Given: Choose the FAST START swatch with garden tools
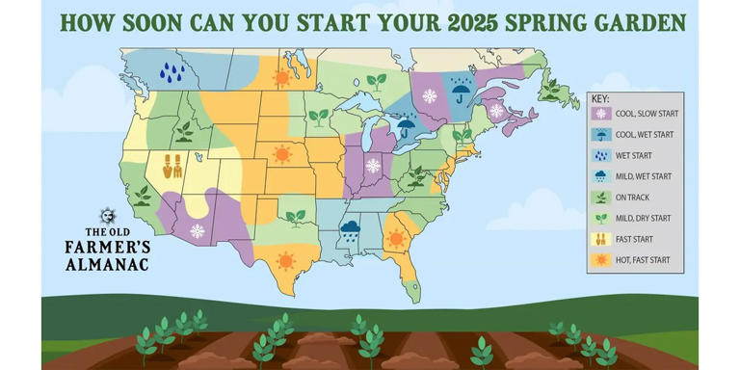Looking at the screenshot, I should tap(600, 239).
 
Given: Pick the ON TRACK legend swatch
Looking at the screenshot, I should tap(600, 198).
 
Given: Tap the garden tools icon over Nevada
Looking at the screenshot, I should tap(173, 168).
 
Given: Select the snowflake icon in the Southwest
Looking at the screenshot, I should tap(197, 231).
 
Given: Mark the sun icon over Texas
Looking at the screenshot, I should tap(286, 259).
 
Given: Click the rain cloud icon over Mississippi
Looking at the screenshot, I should tap(350, 230).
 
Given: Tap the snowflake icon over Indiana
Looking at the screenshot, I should tap(373, 165).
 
